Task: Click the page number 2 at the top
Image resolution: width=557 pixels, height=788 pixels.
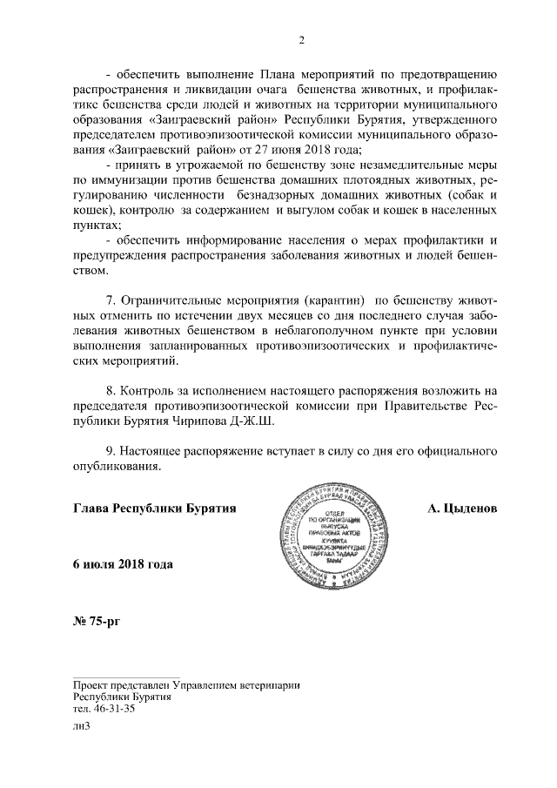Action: (300, 39)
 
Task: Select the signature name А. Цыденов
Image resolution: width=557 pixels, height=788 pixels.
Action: (462, 507)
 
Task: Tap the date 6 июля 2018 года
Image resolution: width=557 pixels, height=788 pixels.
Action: (123, 563)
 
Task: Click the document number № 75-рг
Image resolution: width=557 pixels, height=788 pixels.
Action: (100, 622)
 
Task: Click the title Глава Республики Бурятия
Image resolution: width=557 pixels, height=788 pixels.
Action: (156, 507)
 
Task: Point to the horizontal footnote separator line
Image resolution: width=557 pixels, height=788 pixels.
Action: (126, 676)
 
